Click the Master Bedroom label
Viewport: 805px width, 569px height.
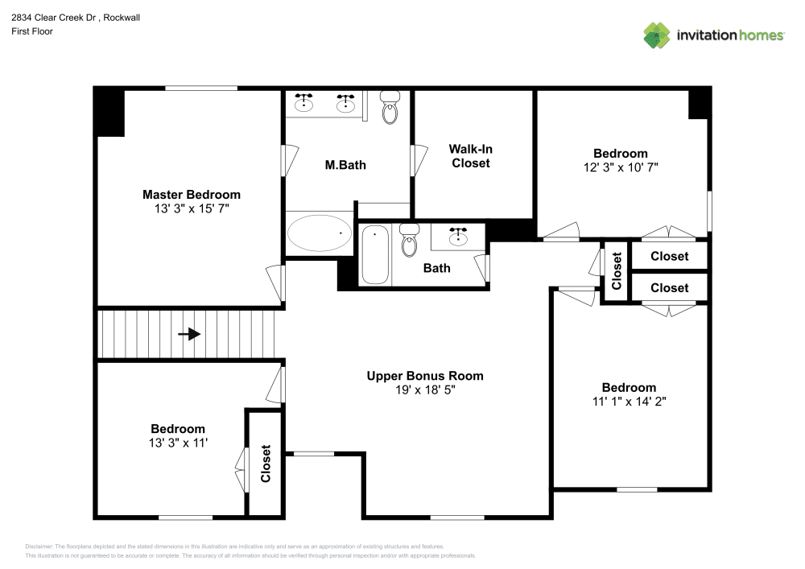pyautogui.click(x=191, y=194)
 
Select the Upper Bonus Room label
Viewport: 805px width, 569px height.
pyautogui.click(x=424, y=375)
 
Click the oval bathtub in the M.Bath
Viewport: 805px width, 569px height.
pyautogui.click(x=320, y=233)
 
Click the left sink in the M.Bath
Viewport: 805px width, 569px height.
pyautogui.click(x=304, y=102)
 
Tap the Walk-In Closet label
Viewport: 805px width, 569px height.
pyautogui.click(x=470, y=156)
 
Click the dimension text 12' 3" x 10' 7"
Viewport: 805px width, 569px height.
pyautogui.click(x=620, y=167)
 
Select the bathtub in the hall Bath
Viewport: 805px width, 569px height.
pyautogui.click(x=375, y=254)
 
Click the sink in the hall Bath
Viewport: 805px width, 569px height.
pyautogui.click(x=459, y=236)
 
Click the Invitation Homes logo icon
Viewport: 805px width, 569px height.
pyautogui.click(x=657, y=35)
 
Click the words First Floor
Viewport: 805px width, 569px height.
pyautogui.click(x=32, y=31)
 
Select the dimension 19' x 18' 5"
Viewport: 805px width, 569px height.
pyautogui.click(x=425, y=390)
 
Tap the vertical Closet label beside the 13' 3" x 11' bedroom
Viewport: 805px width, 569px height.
pyautogui.click(x=265, y=464)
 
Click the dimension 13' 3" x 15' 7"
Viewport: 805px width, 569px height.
pyautogui.click(x=191, y=208)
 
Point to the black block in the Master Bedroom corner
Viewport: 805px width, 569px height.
pyautogui.click(x=109, y=112)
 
